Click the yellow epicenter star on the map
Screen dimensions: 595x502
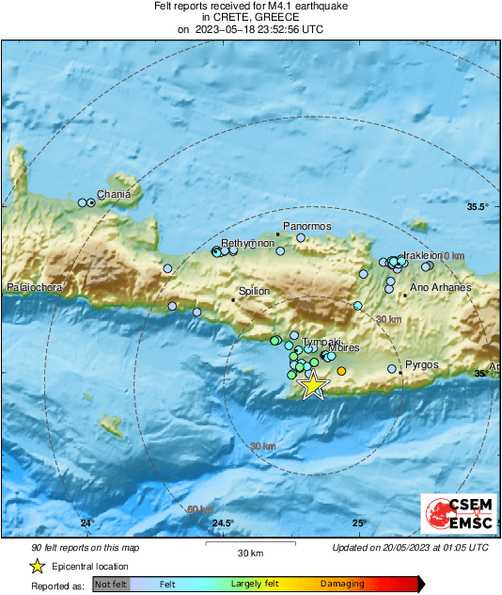click(x=312, y=386)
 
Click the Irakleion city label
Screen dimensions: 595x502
click(x=422, y=254)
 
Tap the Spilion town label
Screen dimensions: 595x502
click(x=255, y=292)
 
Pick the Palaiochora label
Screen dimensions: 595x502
click(x=33, y=286)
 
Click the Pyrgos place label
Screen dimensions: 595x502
click(x=421, y=364)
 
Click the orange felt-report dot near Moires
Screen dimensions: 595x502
click(x=341, y=372)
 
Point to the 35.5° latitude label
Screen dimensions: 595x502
click(x=478, y=206)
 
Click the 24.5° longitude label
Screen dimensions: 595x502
click(x=223, y=523)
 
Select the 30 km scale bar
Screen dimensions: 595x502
click(x=249, y=545)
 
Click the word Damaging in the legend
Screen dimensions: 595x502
click(x=343, y=584)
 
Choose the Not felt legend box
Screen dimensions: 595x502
click(x=111, y=585)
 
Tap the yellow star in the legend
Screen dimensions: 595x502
click(x=37, y=566)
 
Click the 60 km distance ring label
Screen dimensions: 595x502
click(x=198, y=509)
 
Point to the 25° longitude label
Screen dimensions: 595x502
click(x=359, y=523)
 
